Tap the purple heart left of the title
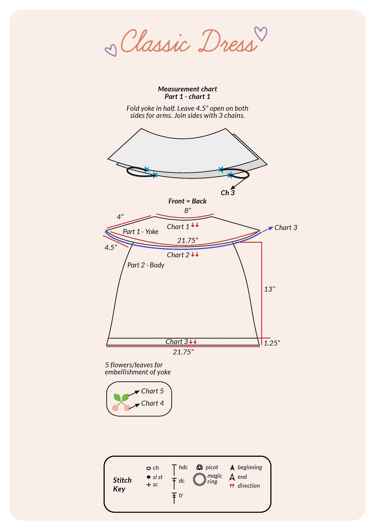pos(111,50)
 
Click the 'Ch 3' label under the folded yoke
pos(228,193)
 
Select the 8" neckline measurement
pos(188,211)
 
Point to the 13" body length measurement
pos(270,289)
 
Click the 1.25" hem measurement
pos(272,343)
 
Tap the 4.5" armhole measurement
pos(111,247)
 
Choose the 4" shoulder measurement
pos(120,217)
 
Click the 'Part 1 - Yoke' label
pos(140,232)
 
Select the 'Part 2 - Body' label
pos(146,265)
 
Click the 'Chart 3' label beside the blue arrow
pos(286,228)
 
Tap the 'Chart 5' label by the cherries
pos(152,391)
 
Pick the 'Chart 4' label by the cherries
pos(153,403)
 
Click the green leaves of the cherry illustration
pos(121,398)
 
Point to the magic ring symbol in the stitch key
pos(199,480)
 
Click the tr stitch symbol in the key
pos(174,497)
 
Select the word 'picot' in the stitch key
pos(212,467)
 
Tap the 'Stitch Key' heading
pos(122,484)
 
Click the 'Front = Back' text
pos(187,201)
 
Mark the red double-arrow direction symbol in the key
pos(232,486)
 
